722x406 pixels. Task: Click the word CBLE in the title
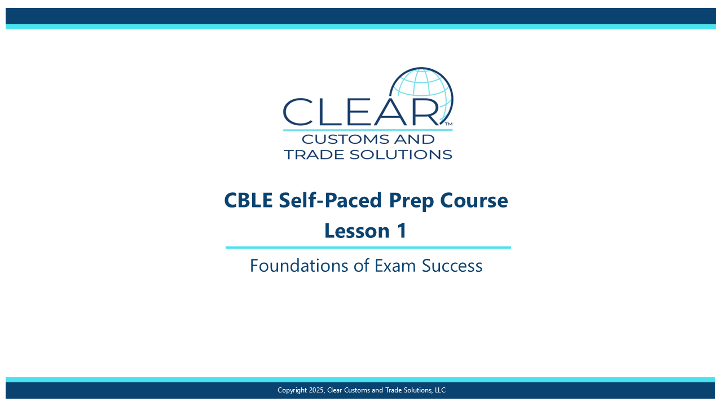(248, 200)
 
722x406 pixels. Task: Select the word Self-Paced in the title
(331, 200)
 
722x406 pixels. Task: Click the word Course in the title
(474, 200)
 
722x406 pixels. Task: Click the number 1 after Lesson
(402, 231)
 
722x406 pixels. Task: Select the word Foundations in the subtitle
(299, 266)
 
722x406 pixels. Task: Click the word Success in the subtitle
(452, 266)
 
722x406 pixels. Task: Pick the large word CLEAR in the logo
(361, 112)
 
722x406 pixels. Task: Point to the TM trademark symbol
(448, 123)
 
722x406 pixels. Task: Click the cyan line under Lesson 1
(368, 248)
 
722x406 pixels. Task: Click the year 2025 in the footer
(316, 390)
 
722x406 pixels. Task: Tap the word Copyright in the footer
(292, 391)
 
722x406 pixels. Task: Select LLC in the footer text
(440, 390)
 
